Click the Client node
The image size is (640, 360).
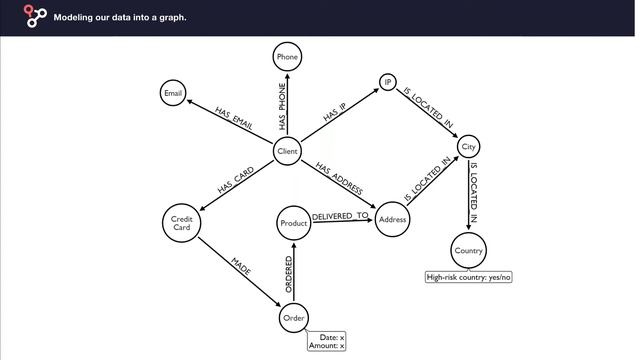pyautogui.click(x=287, y=151)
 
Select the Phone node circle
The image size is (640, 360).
pyautogui.click(x=287, y=57)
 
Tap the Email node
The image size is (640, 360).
pyautogui.click(x=173, y=93)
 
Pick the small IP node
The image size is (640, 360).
pyautogui.click(x=388, y=82)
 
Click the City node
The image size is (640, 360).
pyautogui.click(x=468, y=147)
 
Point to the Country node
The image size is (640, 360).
pyautogui.click(x=469, y=251)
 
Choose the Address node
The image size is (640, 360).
pyautogui.click(x=392, y=219)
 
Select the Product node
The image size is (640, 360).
pyautogui.click(x=293, y=223)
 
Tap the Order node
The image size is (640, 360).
pyautogui.click(x=294, y=318)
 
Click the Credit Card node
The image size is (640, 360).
pyautogui.click(x=182, y=223)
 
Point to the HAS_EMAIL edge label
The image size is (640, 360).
pyautogui.click(x=233, y=119)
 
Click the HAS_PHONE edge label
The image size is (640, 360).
pyautogui.click(x=282, y=107)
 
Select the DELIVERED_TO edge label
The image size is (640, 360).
pyautogui.click(x=340, y=216)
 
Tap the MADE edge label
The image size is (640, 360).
pyautogui.click(x=241, y=266)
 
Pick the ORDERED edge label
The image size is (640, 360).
pyautogui.click(x=289, y=274)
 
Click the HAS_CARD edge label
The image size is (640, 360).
pyautogui.click(x=236, y=180)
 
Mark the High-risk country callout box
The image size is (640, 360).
pyautogui.click(x=469, y=277)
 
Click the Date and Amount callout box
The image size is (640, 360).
pyautogui.click(x=327, y=341)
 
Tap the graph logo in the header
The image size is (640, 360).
pyautogui.click(x=35, y=16)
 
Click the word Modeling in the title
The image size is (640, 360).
pyautogui.click(x=71, y=18)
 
